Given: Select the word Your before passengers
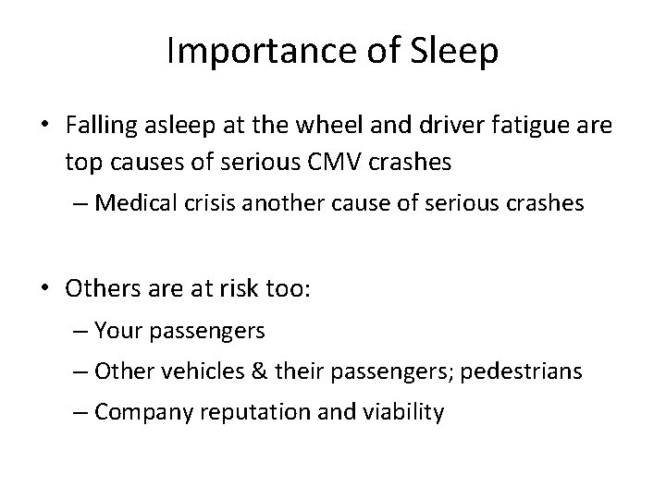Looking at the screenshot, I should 117,330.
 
